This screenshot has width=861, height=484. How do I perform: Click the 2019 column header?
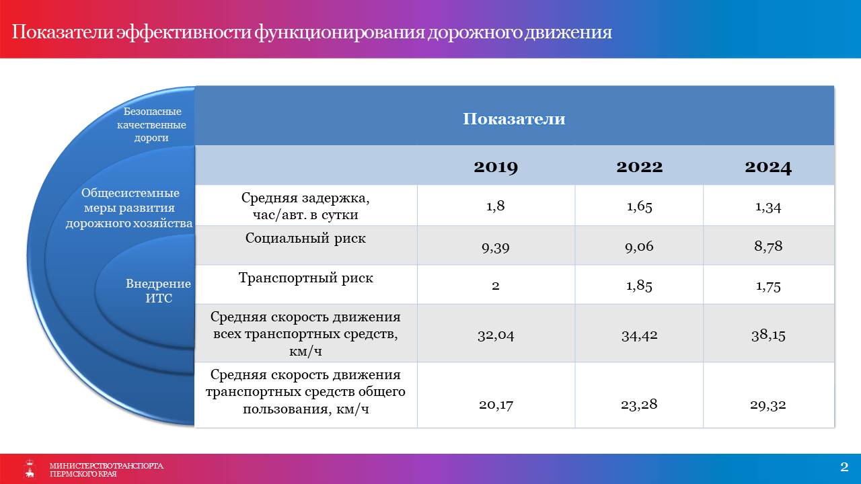point(496,167)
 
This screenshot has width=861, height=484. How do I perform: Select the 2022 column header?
point(640,167)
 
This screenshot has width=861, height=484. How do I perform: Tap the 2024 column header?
point(768,167)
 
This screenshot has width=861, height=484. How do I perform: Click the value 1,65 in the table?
point(640,206)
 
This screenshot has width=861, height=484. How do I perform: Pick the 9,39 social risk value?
point(496,247)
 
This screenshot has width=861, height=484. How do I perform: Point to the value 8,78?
point(768,246)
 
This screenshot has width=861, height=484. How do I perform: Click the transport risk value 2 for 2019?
point(496,286)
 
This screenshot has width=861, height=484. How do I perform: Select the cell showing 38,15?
point(768,335)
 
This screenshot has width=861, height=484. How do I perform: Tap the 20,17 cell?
point(496,405)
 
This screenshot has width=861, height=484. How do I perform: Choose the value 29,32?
point(768,405)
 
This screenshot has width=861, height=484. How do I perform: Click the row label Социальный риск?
point(305,238)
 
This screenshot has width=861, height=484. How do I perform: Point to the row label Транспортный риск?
point(305,278)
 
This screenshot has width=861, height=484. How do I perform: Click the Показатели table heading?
point(514,119)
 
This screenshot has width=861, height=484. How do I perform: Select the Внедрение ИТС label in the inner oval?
point(158,291)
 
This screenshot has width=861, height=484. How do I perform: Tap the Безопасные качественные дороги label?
point(151,124)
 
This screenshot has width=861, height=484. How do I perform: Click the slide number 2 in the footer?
point(844,467)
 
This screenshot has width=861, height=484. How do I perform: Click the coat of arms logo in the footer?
point(30,469)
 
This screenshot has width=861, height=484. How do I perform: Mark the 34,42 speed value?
point(640,335)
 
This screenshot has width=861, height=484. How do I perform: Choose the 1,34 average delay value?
point(768,208)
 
